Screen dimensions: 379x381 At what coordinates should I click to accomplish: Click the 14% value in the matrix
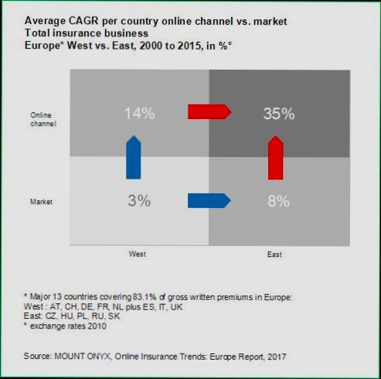[x=140, y=114]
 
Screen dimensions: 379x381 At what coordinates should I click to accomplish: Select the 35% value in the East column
[x=277, y=114]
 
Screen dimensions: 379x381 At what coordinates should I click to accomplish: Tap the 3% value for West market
[x=140, y=201]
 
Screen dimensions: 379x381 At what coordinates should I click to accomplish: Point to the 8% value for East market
[x=277, y=201]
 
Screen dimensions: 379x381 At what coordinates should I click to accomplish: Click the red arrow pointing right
[x=209, y=113]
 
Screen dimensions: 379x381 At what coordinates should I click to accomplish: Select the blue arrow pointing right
[x=209, y=201]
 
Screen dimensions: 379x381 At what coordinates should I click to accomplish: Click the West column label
[x=138, y=253]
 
